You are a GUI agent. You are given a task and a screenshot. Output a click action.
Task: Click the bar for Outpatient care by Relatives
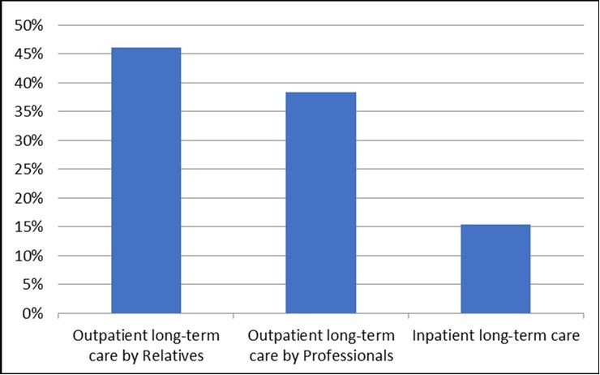146,180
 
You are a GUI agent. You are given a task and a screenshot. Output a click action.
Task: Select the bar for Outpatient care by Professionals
320,202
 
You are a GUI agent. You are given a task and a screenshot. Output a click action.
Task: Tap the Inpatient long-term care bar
495,269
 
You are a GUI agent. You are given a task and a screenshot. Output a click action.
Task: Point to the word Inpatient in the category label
442,336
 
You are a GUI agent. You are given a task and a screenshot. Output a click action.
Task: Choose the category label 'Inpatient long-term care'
495,336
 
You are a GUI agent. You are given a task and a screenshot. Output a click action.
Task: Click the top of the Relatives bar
146,49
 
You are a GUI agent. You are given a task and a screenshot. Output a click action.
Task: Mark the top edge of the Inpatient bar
495,225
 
